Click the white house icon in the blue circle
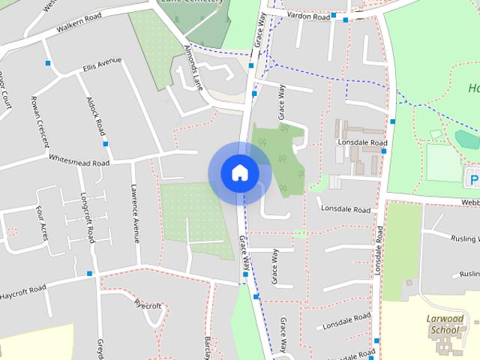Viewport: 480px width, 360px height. (x=239, y=172)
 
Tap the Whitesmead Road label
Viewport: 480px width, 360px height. (x=78, y=160)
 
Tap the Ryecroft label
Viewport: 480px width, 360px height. (x=148, y=305)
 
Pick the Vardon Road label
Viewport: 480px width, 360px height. (x=310, y=16)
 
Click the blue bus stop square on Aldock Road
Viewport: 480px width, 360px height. (x=105, y=143)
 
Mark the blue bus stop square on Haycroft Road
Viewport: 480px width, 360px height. (x=89, y=273)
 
